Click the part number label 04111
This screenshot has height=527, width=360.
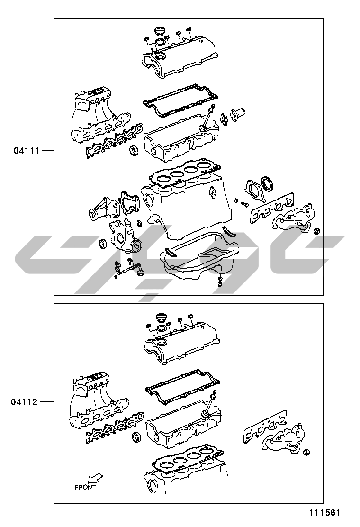click(x=27, y=150)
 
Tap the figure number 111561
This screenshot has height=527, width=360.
click(x=325, y=513)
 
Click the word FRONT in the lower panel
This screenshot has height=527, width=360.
click(x=85, y=487)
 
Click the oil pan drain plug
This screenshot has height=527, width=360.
click(x=219, y=283)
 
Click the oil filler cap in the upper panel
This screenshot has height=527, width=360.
click(x=160, y=32)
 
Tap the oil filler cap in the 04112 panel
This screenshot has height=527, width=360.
click(x=162, y=318)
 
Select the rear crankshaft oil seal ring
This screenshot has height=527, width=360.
click(x=268, y=183)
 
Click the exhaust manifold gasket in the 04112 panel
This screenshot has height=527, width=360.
click(x=265, y=425)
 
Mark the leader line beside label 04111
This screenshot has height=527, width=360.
click(x=47, y=150)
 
